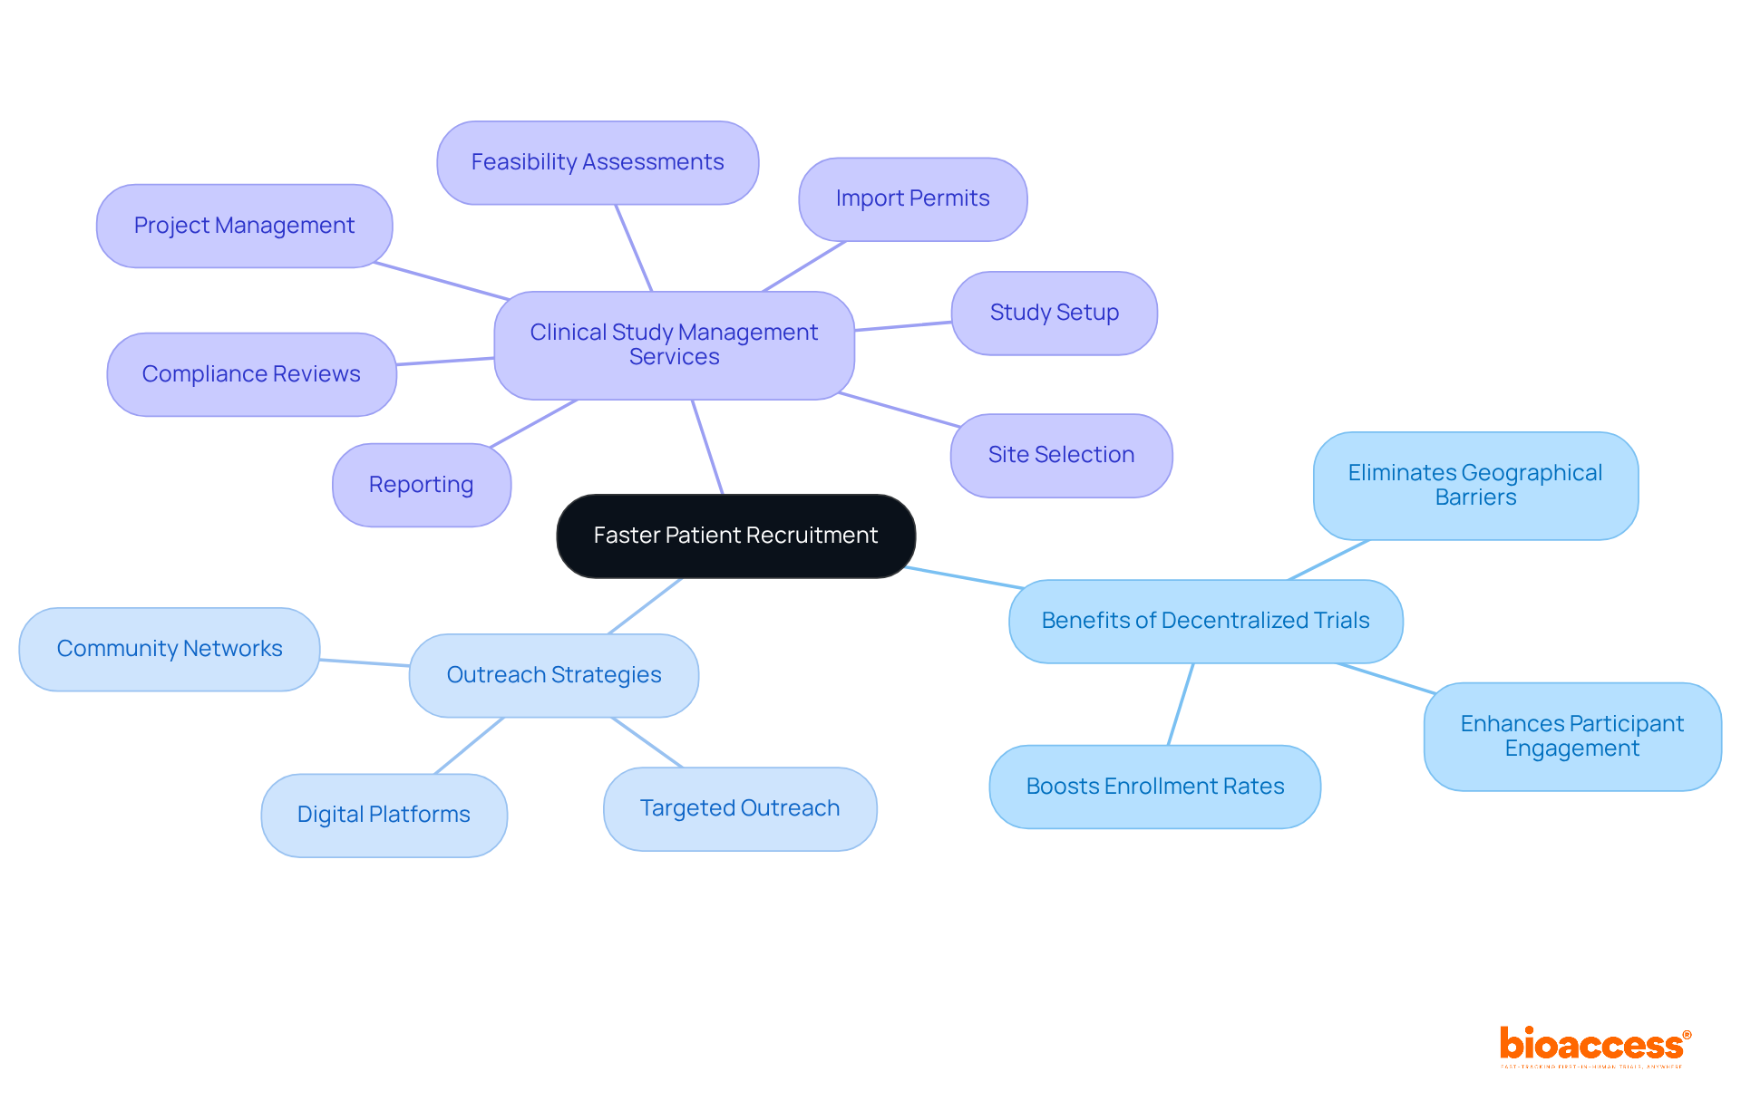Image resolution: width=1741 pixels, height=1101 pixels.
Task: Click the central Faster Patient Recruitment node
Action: point(735,536)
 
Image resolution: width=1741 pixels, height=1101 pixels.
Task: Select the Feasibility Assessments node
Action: point(598,162)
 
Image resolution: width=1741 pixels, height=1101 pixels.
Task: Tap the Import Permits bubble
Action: point(912,198)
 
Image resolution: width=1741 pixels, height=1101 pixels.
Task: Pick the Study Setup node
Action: point(1054,313)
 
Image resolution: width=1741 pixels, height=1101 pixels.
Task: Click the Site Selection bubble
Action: point(1061,455)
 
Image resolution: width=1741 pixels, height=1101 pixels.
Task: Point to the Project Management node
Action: point(244,226)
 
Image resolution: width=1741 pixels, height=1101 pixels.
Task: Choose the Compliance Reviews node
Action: point(251,374)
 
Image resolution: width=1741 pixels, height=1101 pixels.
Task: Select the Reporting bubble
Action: point(422,485)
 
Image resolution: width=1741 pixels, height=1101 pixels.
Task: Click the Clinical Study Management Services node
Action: point(674,344)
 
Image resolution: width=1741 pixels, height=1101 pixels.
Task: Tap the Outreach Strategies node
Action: point(554,675)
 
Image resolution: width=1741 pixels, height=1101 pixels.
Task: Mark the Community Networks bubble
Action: point(170,649)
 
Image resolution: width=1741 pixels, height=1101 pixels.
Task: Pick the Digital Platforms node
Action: point(384,815)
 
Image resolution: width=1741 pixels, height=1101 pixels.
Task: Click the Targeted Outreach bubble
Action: point(740,808)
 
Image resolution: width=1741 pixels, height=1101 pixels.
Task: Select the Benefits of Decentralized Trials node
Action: point(1205,621)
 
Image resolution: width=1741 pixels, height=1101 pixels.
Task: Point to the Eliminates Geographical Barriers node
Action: point(1475,485)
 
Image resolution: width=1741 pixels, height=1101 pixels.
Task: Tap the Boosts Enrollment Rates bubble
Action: point(1154,787)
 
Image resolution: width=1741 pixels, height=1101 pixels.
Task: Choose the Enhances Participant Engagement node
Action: point(1571,736)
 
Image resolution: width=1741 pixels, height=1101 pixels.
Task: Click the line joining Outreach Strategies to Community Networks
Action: point(365,662)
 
